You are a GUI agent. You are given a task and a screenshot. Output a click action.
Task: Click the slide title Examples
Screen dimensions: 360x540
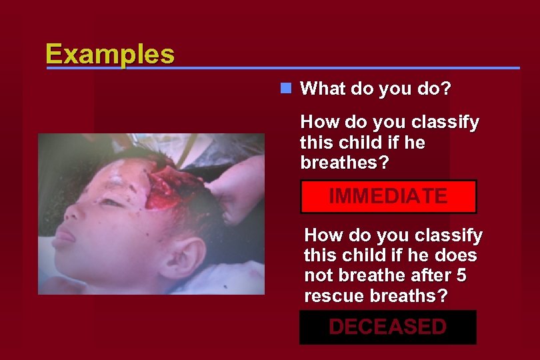(110, 53)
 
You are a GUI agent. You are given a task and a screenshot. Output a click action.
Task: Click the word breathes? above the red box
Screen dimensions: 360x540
(341, 163)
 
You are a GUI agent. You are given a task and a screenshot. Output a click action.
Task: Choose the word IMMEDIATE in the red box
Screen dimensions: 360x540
(388, 197)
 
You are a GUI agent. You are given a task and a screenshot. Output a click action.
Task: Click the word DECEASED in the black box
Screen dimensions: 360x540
(387, 327)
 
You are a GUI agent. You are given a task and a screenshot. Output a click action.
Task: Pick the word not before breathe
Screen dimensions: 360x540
(317, 276)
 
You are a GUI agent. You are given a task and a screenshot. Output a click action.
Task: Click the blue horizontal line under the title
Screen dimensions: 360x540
(347, 68)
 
